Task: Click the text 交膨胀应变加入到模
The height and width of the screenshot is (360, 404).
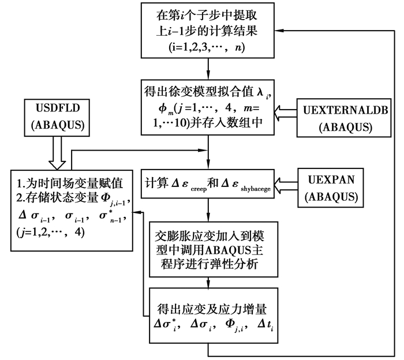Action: tap(207, 236)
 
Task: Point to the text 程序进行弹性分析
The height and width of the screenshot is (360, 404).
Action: tap(207, 264)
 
